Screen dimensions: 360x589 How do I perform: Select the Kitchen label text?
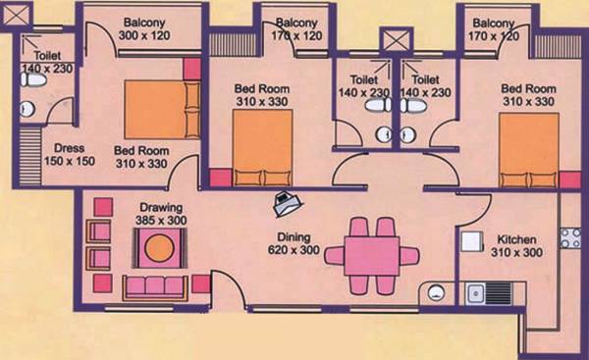[519, 245]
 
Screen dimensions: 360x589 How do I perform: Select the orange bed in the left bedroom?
[154, 110]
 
